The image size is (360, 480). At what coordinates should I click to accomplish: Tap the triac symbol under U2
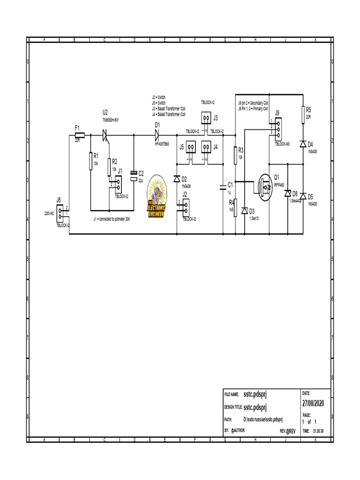click(106, 135)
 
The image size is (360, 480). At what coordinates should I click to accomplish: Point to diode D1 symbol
click(157, 135)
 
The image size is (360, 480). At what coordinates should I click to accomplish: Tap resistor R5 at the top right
click(303, 114)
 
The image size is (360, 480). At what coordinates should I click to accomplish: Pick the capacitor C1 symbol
click(223, 187)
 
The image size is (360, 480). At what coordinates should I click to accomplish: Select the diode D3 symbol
click(244, 211)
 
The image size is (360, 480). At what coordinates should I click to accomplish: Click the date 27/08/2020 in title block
click(314, 404)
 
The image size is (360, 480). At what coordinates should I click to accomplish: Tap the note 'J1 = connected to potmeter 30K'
click(112, 219)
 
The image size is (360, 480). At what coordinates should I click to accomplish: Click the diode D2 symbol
click(177, 179)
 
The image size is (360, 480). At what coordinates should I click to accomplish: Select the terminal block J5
click(190, 147)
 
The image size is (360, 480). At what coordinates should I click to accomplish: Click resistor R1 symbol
click(90, 162)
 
